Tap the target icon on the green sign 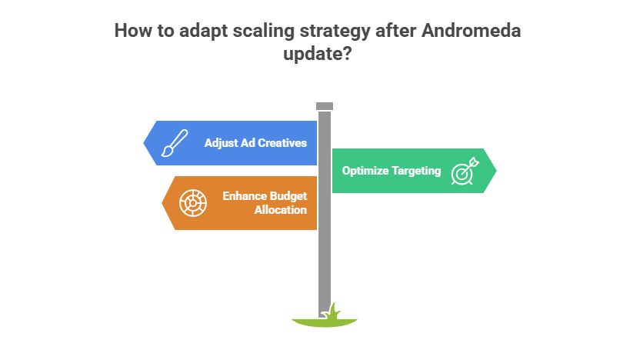pos(464,171)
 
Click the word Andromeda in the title pos(470,31)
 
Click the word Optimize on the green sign pos(365,171)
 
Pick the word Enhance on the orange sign pos(245,196)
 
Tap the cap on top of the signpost pos(325,105)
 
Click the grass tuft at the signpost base pos(333,310)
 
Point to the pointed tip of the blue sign pos(145,143)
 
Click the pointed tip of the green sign pos(496,171)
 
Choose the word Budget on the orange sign pos(287,196)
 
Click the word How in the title pos(132,31)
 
